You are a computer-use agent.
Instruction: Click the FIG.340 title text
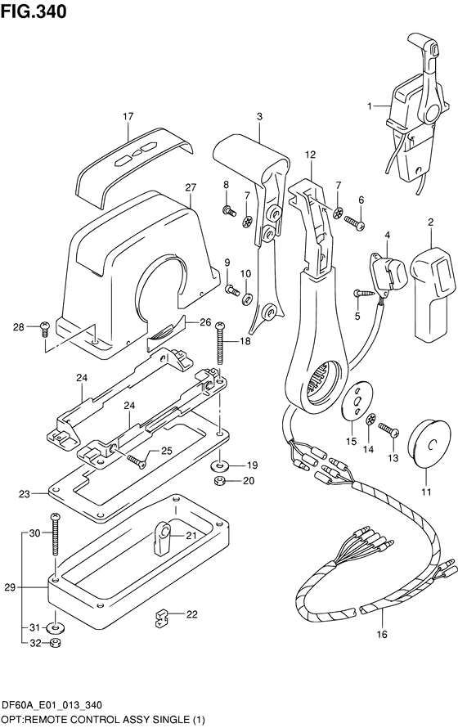[x=34, y=11]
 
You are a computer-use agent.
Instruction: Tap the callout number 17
[x=128, y=116]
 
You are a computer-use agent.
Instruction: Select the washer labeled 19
[x=218, y=465]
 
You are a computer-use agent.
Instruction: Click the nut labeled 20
[x=219, y=481]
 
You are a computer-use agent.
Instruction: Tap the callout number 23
[x=23, y=493]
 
